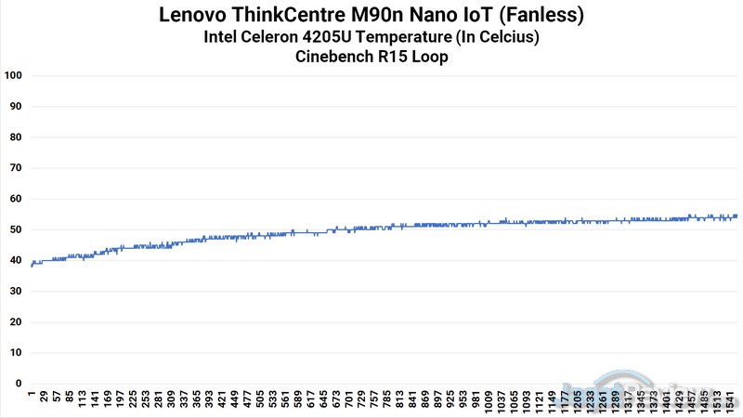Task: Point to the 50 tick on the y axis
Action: [x=14, y=229]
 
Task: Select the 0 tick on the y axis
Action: [x=17, y=383]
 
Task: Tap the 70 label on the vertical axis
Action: [x=14, y=168]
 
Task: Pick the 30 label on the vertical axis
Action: [x=14, y=291]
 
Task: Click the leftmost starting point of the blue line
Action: [x=31, y=266]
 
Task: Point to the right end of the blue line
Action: [x=737, y=216]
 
